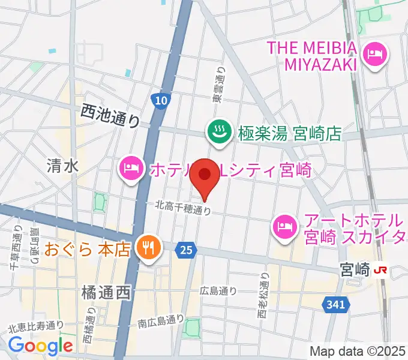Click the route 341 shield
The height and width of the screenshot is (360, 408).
coord(337,305)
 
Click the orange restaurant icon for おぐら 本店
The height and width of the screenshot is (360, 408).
coord(146,247)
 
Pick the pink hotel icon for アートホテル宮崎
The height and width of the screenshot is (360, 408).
coord(284,226)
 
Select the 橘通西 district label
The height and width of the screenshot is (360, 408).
coord(105,293)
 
